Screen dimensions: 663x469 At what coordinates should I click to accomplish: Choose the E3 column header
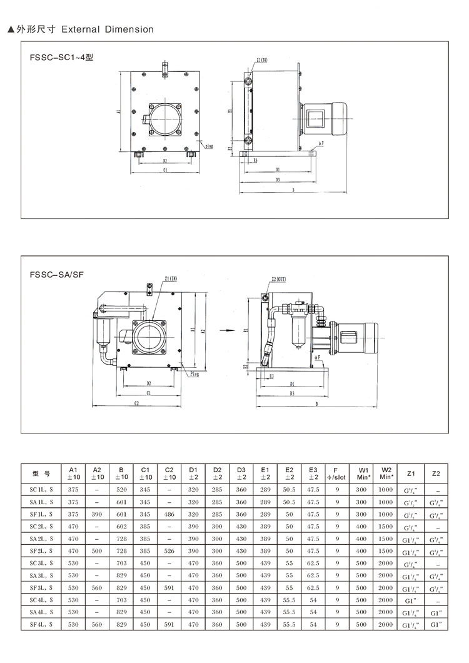313,473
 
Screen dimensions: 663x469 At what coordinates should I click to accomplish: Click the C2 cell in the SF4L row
169,624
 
